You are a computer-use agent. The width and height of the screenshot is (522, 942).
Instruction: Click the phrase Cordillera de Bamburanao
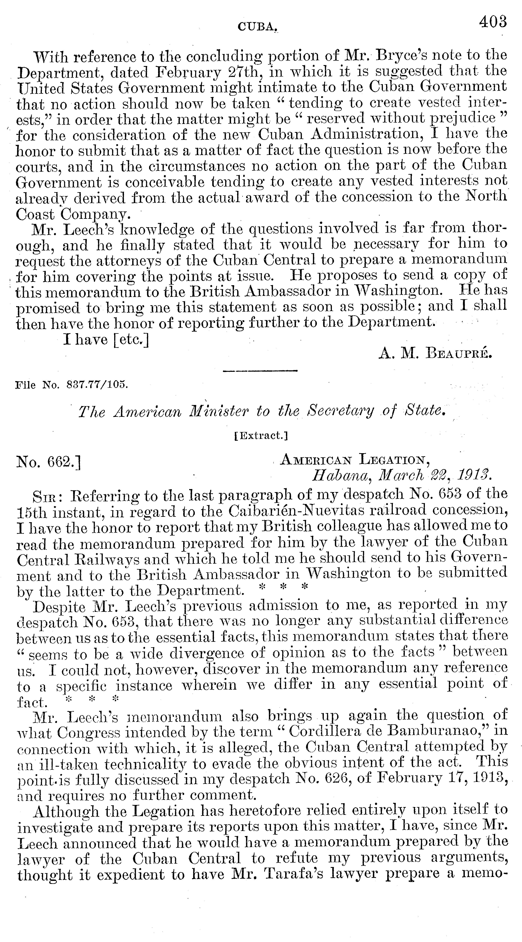pyautogui.click(x=384, y=732)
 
